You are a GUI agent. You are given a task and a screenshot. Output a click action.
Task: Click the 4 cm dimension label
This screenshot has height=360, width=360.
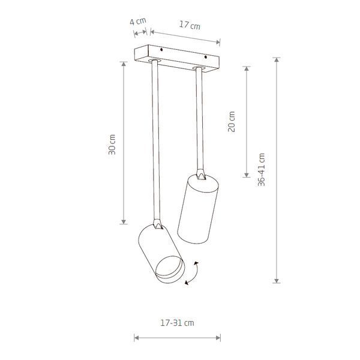pos(138,21)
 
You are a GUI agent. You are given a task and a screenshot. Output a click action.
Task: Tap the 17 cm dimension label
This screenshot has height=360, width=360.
pos(190,25)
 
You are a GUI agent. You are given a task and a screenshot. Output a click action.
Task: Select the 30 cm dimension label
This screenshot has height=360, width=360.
pos(112,145)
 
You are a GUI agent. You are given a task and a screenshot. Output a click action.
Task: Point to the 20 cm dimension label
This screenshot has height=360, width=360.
pos(232,121)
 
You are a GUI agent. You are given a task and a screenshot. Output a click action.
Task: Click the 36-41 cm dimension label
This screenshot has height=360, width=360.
pos(261,170)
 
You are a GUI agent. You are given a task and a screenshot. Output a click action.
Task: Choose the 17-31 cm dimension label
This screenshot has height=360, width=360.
pos(177,323)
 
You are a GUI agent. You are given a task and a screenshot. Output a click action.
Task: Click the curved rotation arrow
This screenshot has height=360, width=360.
pos(193,273)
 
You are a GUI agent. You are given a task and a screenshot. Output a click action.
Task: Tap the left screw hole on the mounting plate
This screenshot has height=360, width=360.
pos(161,49)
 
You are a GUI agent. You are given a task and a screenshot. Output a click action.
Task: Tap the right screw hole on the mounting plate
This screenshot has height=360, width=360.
pos(206,57)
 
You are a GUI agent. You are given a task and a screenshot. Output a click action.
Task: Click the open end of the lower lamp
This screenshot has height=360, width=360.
pos(170,269)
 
